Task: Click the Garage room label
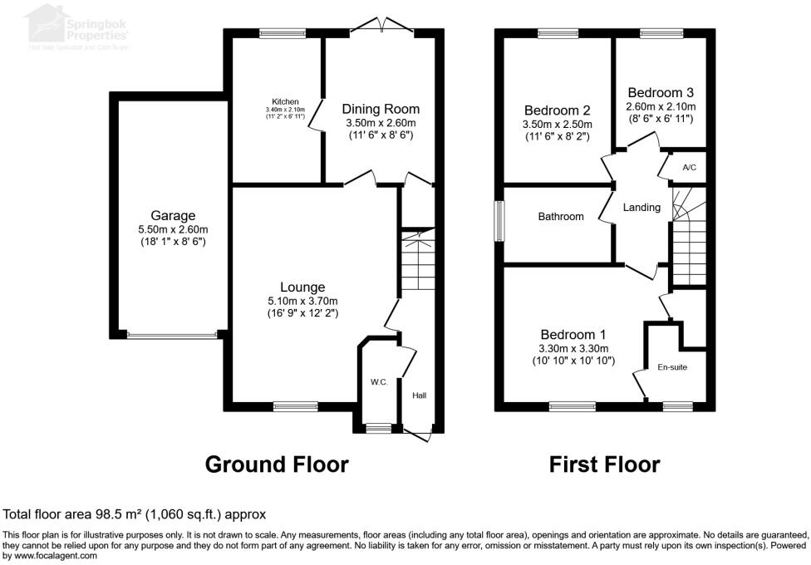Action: (172, 216)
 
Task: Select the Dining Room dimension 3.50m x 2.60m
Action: (381, 123)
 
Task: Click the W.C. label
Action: (379, 382)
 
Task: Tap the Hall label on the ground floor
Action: (419, 396)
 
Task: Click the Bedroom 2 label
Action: (557, 111)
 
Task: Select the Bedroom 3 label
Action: (660, 92)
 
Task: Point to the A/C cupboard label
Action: (689, 167)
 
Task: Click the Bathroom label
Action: (561, 217)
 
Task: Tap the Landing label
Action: (641, 208)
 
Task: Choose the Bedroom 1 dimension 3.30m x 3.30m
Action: (573, 348)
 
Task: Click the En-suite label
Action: (672, 366)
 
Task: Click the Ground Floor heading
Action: (277, 464)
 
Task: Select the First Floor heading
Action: (604, 464)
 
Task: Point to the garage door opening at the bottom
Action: (173, 336)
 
